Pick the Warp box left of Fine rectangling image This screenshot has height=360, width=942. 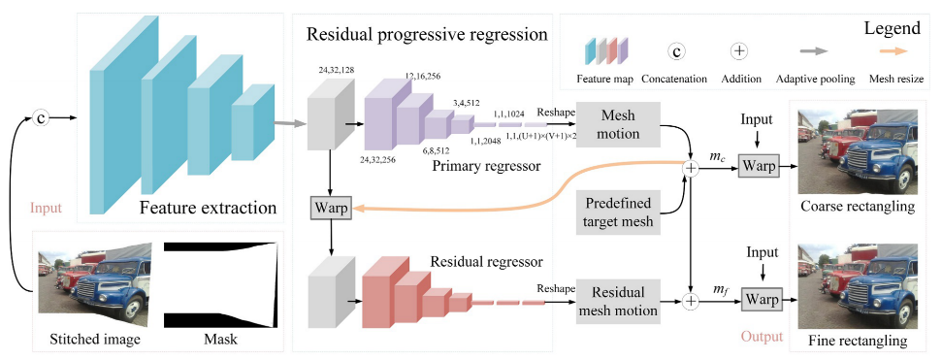click(760, 299)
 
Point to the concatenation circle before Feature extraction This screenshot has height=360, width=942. click(41, 118)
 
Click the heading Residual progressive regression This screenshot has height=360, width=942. click(426, 35)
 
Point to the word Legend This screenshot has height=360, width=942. click(892, 30)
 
